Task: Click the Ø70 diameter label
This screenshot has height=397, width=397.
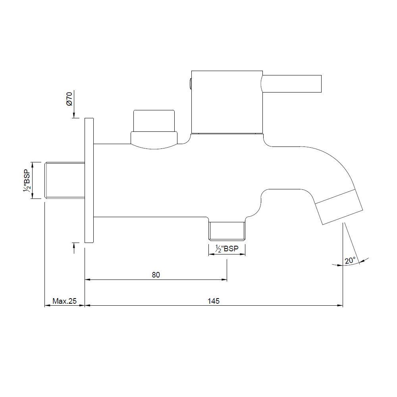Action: (x=69, y=99)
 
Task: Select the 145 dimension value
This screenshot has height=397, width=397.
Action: (x=214, y=301)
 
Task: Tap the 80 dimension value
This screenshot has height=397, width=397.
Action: (x=156, y=275)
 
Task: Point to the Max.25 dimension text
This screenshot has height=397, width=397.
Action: (x=64, y=301)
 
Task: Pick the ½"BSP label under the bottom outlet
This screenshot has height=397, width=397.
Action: (x=227, y=249)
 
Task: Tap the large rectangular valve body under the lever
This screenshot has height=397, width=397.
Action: (x=227, y=102)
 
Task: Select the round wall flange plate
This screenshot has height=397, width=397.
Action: (x=89, y=181)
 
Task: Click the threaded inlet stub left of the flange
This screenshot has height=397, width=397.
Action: (x=65, y=180)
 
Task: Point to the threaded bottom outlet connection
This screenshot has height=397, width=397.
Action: (x=227, y=230)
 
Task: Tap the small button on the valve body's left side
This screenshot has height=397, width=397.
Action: (x=190, y=84)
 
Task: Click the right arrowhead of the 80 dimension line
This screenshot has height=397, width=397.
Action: (x=224, y=279)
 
